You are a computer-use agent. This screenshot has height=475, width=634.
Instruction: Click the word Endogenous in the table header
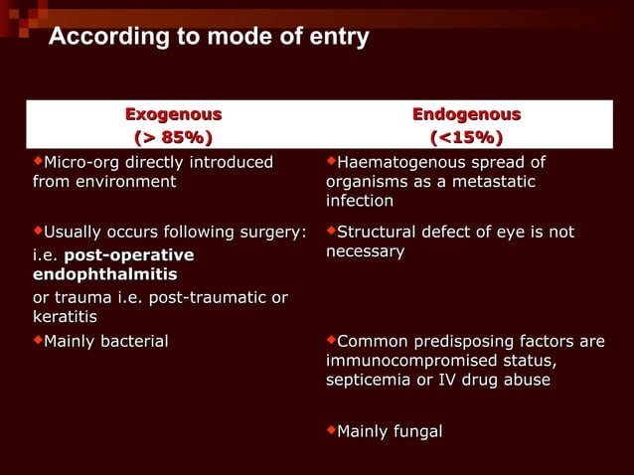[466, 114]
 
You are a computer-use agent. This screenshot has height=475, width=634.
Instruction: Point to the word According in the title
[102, 38]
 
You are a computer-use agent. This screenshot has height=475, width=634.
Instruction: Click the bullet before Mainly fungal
[331, 429]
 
